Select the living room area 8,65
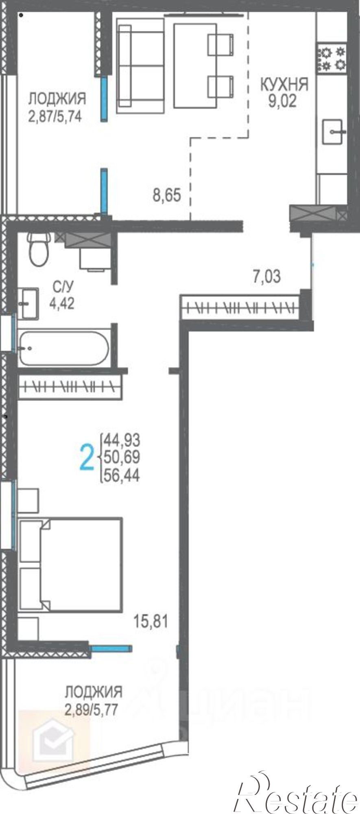(166, 195)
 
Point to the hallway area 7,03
(267, 277)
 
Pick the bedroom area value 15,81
(151, 621)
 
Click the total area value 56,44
(122, 475)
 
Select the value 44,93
(122, 440)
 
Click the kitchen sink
(334, 131)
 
